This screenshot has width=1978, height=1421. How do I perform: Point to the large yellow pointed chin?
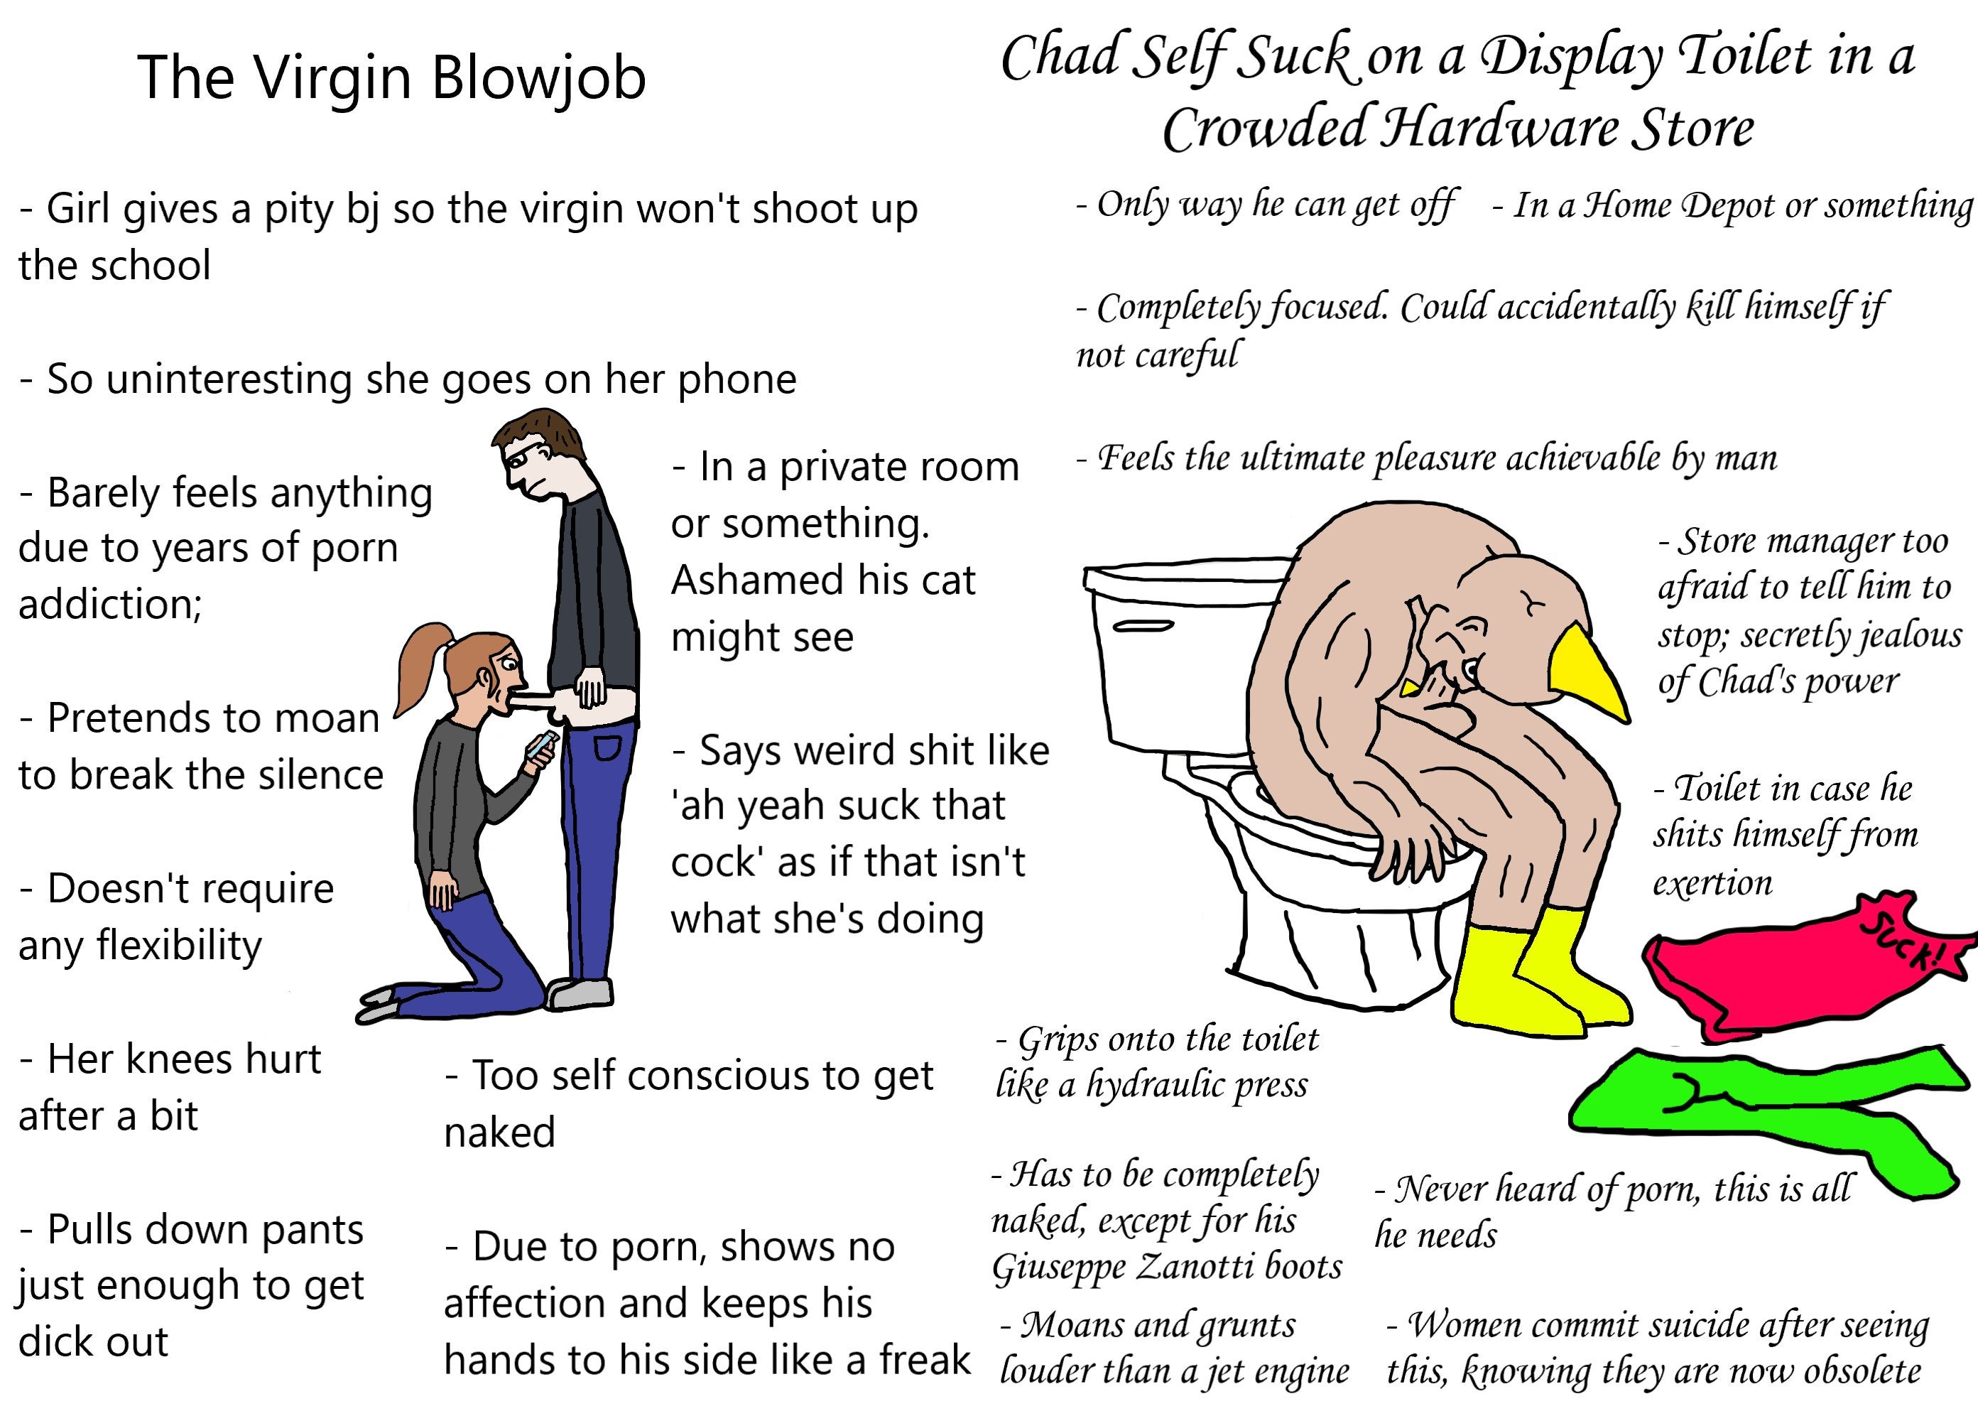(1589, 671)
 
